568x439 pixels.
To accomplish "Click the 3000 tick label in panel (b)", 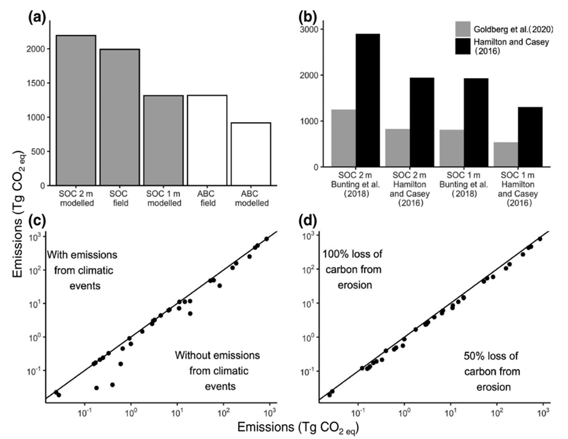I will (316, 29).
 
